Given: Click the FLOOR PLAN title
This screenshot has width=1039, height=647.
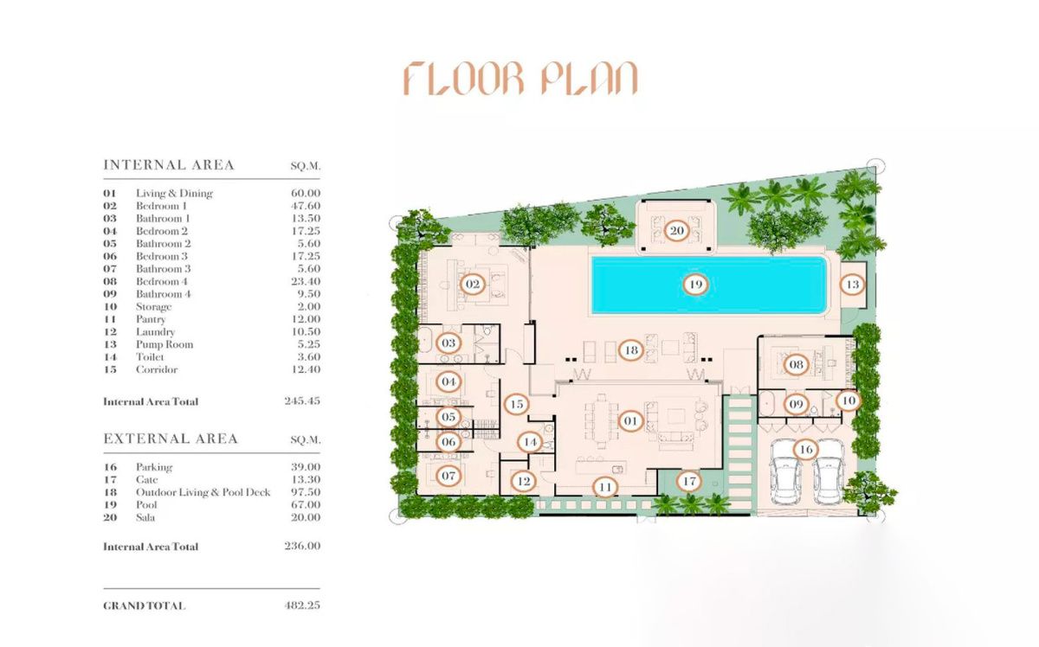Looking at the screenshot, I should tap(520, 79).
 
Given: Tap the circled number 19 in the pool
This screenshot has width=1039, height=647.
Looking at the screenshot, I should tap(693, 284).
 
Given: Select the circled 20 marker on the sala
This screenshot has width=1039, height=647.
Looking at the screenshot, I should tap(676, 231).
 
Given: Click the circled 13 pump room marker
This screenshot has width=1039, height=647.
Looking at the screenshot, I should tap(853, 285).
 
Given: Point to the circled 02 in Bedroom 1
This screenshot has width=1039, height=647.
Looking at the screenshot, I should tap(473, 284).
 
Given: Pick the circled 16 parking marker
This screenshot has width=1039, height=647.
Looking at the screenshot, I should tap(805, 450).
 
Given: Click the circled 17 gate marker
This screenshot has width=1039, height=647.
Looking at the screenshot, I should tap(689, 481).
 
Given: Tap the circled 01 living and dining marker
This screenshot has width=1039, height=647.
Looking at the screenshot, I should tap(630, 421).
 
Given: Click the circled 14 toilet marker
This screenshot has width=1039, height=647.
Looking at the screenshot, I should tap(530, 442).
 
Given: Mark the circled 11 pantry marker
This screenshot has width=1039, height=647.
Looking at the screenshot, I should tap(606, 487).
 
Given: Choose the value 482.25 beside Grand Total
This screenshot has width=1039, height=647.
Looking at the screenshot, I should tap(303, 605).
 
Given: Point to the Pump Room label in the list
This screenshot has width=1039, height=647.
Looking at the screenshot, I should tap(164, 344).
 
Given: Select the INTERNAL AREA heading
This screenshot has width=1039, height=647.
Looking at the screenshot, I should tap(169, 165).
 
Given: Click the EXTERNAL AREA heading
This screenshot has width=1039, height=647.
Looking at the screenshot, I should tap(171, 439).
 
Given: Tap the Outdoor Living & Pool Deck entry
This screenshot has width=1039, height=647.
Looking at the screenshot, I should tap(203, 492).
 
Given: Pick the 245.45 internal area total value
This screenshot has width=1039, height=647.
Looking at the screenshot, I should tap(302, 401).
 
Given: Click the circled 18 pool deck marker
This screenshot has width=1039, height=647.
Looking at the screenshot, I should tap(631, 350).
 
